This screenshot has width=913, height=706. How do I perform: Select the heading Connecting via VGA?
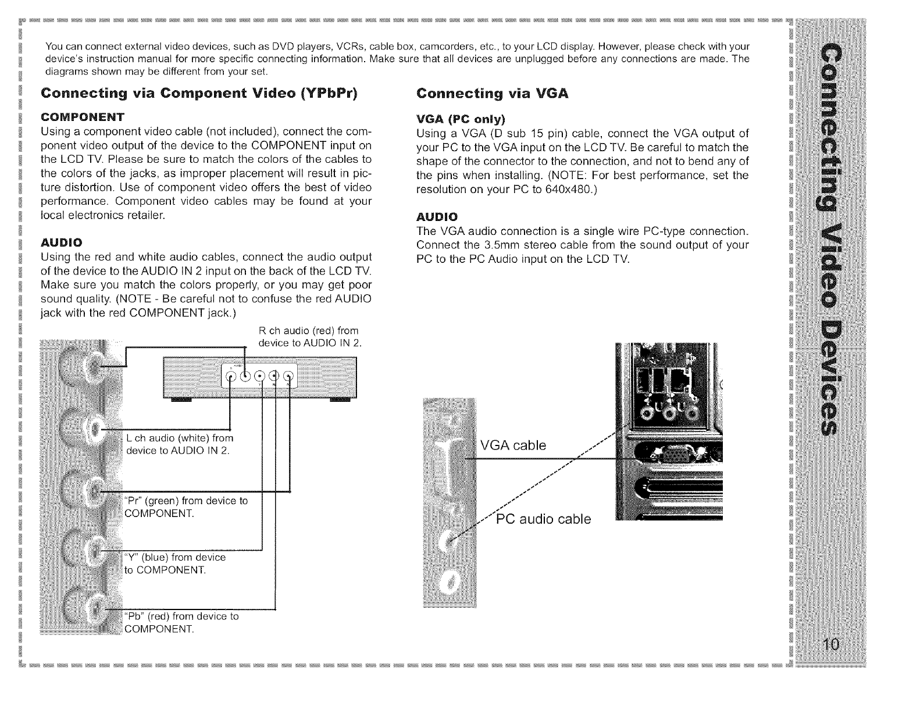(x=493, y=94)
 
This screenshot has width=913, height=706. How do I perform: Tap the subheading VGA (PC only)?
(x=462, y=119)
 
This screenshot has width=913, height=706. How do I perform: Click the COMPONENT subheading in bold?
(x=79, y=116)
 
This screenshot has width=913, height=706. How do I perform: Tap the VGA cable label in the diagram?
(x=513, y=445)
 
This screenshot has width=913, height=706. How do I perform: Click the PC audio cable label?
(x=543, y=519)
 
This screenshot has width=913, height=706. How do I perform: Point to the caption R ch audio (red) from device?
(x=309, y=336)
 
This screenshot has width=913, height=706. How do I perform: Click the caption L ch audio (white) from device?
(x=180, y=443)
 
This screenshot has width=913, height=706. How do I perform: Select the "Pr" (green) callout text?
(x=186, y=506)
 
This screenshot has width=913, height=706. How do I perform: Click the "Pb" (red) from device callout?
(x=181, y=622)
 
